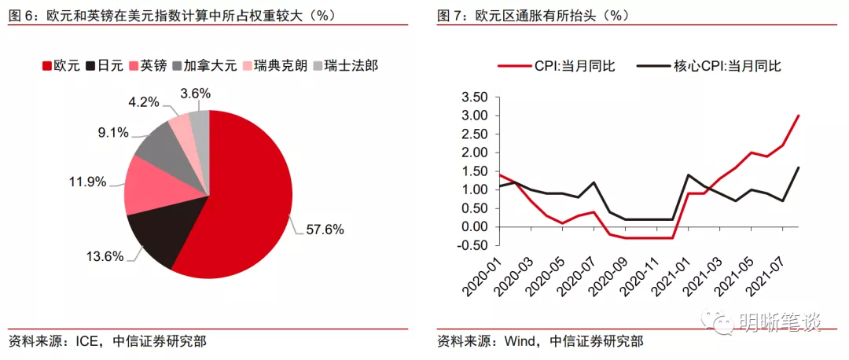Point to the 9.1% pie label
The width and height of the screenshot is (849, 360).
(x=113, y=133)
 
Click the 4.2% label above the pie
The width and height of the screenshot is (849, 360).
(x=144, y=102)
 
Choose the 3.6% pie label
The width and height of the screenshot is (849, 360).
(x=195, y=94)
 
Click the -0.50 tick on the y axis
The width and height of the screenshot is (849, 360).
(x=472, y=245)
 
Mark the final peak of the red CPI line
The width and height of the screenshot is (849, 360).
(x=799, y=116)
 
